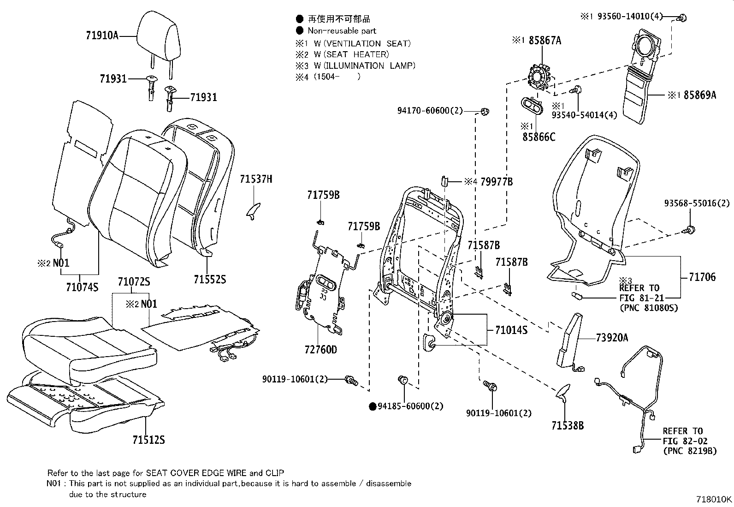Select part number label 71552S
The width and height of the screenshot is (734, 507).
pos(210,279)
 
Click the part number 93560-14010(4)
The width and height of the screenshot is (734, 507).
pos(630,17)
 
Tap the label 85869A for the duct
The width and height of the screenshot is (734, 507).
pos(700,95)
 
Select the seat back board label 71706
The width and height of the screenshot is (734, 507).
pos(702,277)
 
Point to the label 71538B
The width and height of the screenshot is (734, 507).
pos(567,425)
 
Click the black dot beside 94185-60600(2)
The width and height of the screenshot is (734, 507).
pos(372,406)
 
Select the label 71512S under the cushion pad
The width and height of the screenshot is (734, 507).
pos(148,440)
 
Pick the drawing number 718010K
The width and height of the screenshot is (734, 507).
pos(713,499)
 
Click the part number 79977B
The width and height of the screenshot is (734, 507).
pos(496,182)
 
